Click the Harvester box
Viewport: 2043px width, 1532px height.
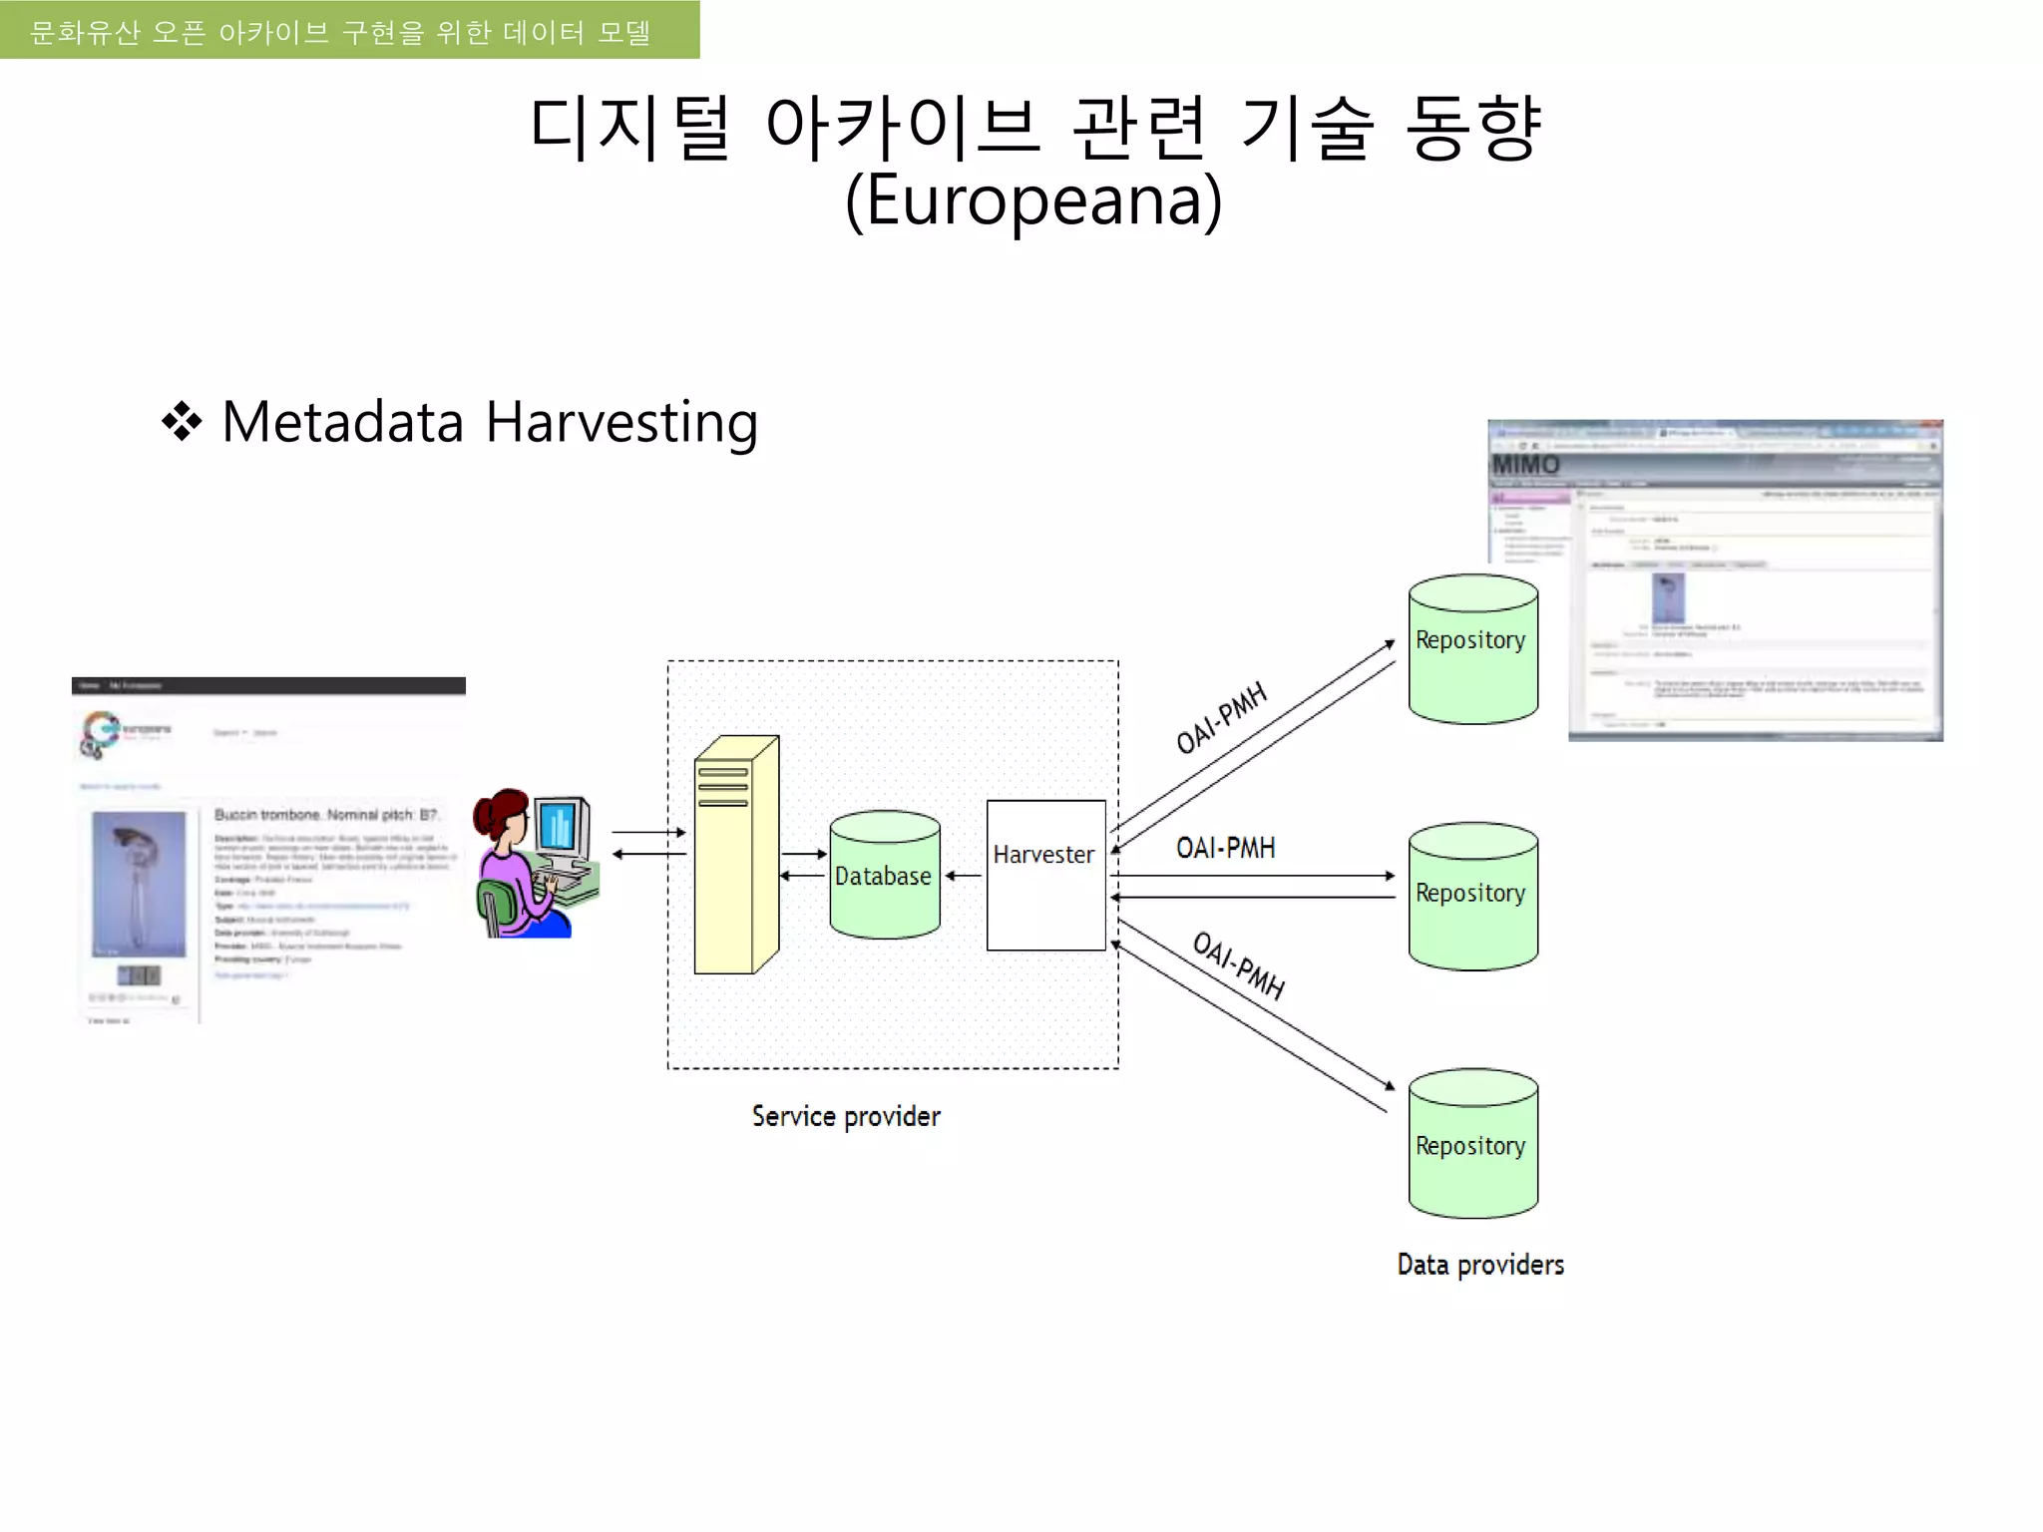tap(1045, 875)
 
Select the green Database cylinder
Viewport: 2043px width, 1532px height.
tap(884, 876)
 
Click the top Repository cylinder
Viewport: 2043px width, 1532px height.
tap(1472, 650)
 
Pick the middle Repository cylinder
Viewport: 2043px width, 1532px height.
tap(1472, 896)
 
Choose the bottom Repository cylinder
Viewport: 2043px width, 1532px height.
tap(1472, 1145)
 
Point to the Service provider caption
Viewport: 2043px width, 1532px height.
tap(846, 1116)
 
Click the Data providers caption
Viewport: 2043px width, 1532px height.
tap(1480, 1265)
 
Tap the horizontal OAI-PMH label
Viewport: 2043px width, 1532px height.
tap(1225, 848)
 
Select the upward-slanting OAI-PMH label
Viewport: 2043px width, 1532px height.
tap(1221, 717)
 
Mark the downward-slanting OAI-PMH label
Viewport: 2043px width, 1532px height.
tap(1238, 964)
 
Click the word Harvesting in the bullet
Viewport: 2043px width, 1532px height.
tap(621, 422)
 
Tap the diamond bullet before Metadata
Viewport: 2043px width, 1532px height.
tap(182, 422)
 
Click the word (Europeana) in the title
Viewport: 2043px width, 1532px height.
tap(1033, 199)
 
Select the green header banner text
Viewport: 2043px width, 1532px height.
tap(340, 32)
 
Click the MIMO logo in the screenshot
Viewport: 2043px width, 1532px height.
tap(1525, 465)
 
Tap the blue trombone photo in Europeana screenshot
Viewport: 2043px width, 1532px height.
tap(139, 884)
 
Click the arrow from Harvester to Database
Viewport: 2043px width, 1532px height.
tap(963, 876)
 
